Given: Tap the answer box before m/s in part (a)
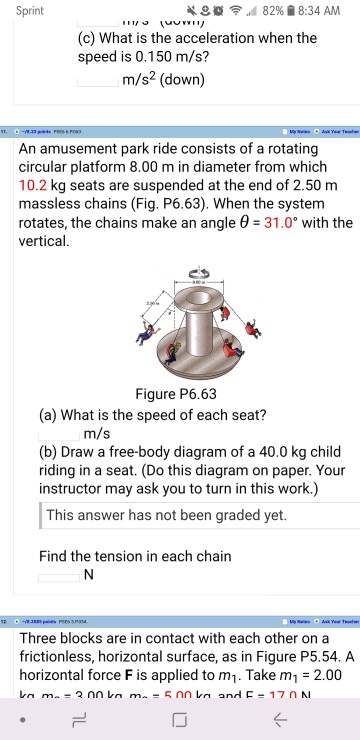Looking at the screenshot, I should [x=59, y=433].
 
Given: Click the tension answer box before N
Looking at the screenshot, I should [x=59, y=574].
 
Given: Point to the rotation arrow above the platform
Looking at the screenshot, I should [x=181, y=271].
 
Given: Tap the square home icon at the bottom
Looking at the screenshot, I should [x=181, y=715].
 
